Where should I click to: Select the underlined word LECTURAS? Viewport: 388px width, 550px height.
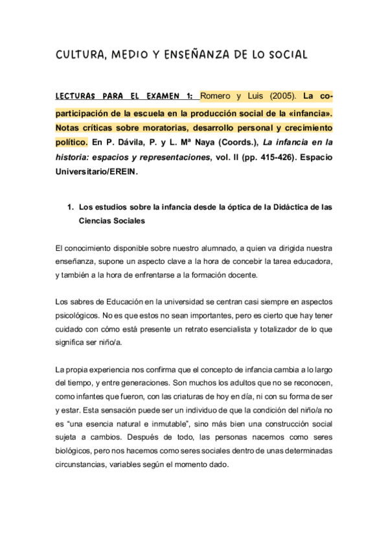point(77,97)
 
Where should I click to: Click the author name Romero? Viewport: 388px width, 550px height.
point(216,97)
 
